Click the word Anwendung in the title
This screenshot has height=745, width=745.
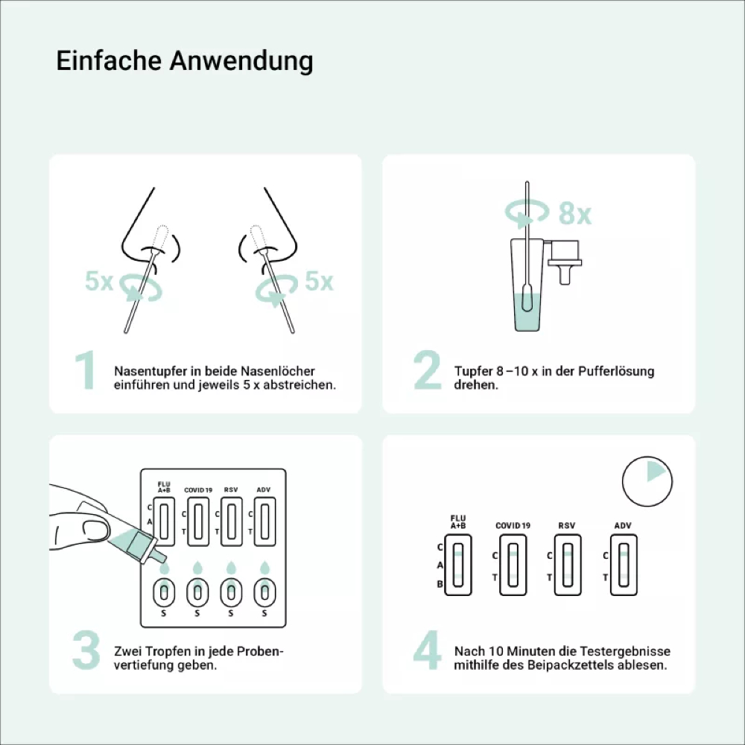point(241,61)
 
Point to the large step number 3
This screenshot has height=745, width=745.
point(86,650)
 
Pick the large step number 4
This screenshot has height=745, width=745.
point(427,650)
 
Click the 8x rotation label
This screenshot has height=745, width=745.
point(575,214)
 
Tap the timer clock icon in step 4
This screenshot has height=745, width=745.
point(647,481)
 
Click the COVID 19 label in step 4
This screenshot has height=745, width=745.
point(513,525)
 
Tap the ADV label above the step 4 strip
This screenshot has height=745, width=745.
point(622,525)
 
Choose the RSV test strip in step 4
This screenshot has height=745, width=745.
point(568,565)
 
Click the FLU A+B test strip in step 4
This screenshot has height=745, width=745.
point(458,565)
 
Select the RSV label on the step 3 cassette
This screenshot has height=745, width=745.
point(231,490)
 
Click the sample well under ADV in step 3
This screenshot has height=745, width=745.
point(264,592)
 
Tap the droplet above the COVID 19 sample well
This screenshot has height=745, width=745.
point(197,568)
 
